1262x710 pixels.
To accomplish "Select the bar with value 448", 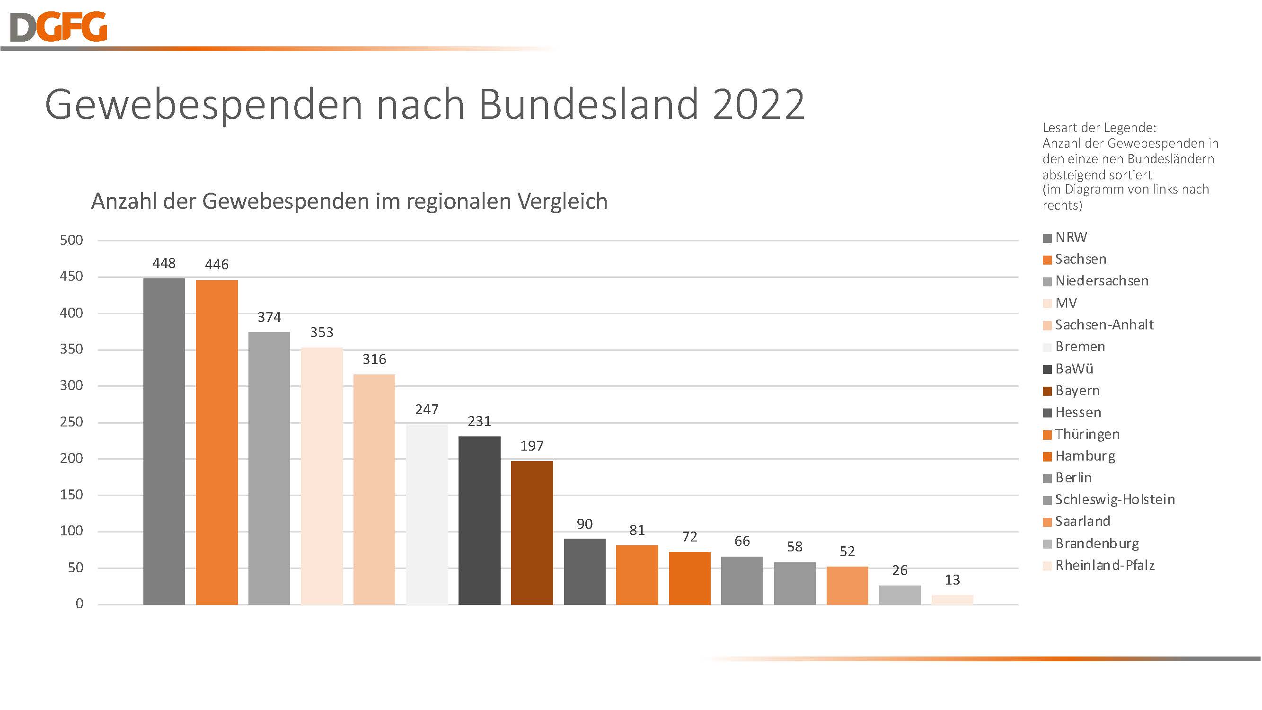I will coord(164,441).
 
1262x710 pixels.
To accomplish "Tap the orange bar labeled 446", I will coord(217,442).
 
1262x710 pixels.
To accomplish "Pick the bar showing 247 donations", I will coord(427,515).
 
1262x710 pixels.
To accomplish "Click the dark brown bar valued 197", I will coord(531,532).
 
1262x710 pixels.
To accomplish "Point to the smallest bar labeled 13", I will coord(952,600).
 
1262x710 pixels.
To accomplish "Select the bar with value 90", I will coord(584,571).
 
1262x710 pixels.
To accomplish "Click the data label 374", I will coord(269,317).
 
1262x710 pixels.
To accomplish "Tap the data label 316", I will coord(374,359).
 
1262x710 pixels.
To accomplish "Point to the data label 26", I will coord(900,570).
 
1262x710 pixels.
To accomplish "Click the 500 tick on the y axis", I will coord(71,240).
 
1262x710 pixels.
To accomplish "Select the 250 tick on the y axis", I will coord(71,422).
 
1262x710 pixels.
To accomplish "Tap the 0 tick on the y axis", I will coord(79,603).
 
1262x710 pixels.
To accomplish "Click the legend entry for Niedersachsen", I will coord(1101,281).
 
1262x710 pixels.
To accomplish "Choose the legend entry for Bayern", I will coord(1077,390).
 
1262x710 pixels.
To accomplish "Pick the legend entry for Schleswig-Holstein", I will coord(1114,499).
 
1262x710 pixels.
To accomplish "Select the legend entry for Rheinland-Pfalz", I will coord(1105,565).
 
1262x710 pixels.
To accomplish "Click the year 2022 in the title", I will coord(759,104).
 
